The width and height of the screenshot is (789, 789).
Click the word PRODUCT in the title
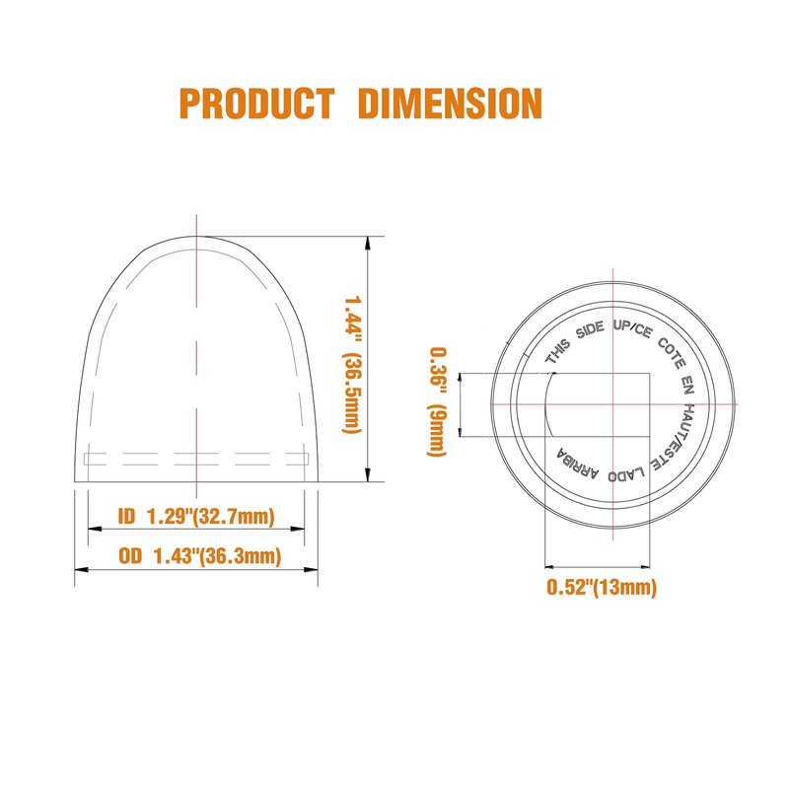click(x=256, y=104)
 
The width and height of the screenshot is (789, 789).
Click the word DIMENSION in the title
click(x=451, y=104)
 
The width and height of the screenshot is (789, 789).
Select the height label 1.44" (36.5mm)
click(x=352, y=364)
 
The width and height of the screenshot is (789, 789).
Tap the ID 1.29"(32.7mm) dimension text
click(x=196, y=516)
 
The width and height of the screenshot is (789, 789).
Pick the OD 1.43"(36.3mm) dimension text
click(x=200, y=556)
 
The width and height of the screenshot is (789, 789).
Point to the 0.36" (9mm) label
click(x=437, y=401)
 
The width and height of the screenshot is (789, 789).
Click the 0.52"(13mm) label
click(x=602, y=587)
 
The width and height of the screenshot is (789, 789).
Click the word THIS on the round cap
click(x=558, y=351)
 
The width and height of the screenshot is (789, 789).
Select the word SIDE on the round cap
click(x=590, y=330)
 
